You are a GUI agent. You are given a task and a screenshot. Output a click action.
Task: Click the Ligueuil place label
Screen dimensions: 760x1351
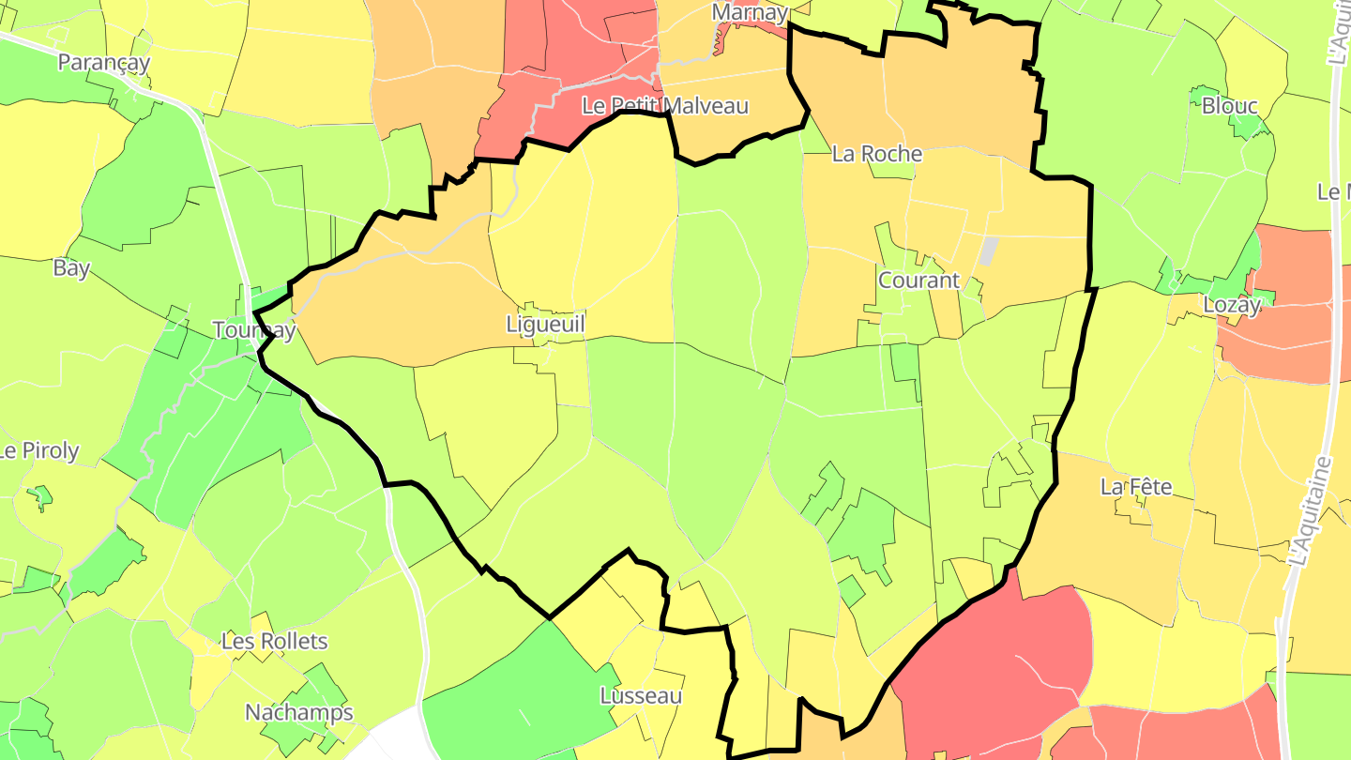(545, 325)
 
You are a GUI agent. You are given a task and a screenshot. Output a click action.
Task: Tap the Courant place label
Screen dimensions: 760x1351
(918, 280)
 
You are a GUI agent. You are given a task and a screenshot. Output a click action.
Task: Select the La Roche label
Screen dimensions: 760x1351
(877, 154)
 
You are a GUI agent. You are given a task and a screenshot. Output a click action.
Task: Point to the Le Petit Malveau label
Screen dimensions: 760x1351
(665, 106)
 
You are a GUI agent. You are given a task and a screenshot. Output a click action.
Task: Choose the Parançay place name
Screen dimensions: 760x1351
(104, 62)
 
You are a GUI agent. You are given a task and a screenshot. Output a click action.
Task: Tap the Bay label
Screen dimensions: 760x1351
(71, 268)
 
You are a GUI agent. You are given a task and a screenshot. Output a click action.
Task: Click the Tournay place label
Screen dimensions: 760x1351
(254, 330)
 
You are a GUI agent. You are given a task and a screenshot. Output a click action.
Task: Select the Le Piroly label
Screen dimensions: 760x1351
(39, 450)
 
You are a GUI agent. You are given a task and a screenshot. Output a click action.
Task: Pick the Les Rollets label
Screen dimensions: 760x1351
(275, 642)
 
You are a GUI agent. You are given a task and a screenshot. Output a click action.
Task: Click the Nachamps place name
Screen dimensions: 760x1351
(299, 712)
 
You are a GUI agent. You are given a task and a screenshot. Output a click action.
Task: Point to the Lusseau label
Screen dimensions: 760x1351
(641, 696)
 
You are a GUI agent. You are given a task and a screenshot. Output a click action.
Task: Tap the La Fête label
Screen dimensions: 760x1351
(1136, 487)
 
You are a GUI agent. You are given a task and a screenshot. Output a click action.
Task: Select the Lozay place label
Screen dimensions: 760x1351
(1232, 305)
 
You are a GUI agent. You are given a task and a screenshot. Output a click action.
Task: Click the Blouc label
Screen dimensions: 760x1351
(1229, 106)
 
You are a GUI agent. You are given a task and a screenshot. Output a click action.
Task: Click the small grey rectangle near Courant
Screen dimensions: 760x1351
(989, 251)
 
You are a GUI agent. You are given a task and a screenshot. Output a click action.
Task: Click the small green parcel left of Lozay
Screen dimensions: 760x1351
(1171, 279)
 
